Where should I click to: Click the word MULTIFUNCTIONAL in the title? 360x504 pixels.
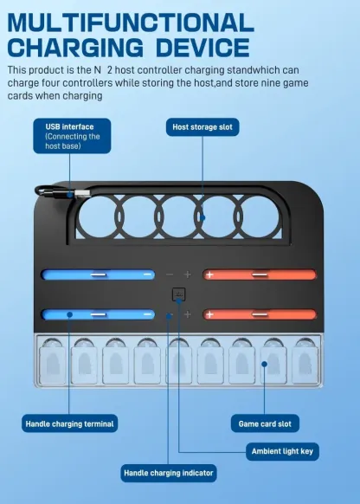click(131, 20)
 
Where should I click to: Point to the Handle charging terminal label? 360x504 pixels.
click(69, 423)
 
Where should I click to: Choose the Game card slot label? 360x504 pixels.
click(268, 423)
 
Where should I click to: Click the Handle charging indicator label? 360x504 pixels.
click(168, 473)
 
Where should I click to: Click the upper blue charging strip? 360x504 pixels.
click(98, 275)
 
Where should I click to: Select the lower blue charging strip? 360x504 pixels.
click(98, 313)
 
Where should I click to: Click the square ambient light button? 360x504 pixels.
click(178, 294)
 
